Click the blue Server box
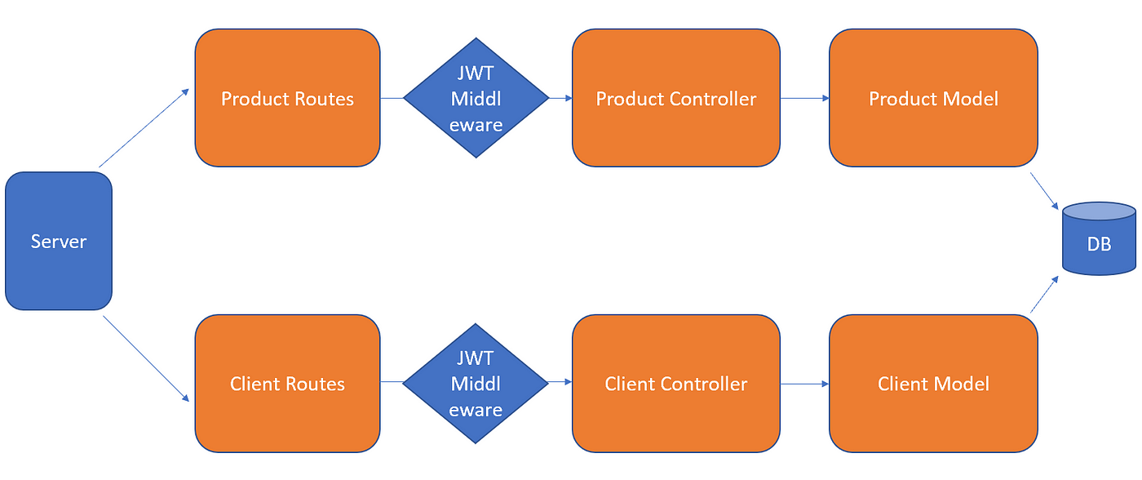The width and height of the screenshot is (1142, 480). coord(59,241)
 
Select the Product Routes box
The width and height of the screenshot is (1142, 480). coord(287,98)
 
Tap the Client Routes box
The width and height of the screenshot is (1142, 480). coord(287,384)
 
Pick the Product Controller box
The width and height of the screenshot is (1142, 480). coord(676,98)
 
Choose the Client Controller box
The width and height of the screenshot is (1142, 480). coord(676,384)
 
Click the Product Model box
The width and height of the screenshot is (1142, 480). coord(933,98)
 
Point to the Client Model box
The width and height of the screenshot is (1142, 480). coord(933,384)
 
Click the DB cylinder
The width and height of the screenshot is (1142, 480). coord(1099,238)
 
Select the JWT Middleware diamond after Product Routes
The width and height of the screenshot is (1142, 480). coord(476,98)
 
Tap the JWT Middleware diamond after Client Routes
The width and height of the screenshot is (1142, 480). coord(476,384)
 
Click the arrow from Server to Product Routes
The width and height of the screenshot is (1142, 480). coord(144,128)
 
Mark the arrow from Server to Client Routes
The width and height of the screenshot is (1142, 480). coord(146,358)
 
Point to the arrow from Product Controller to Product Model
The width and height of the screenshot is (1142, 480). coord(805,98)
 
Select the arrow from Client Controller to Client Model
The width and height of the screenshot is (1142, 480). coord(805,384)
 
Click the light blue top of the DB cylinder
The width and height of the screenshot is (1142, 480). coord(1099,211)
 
